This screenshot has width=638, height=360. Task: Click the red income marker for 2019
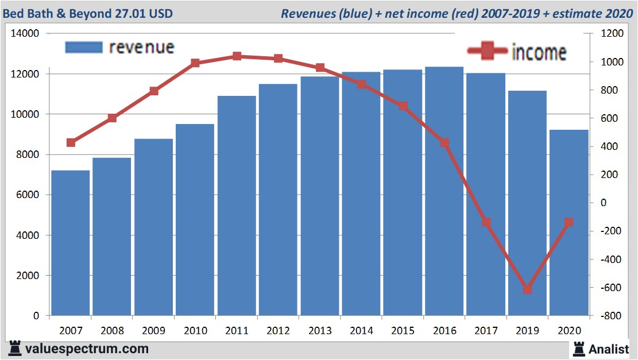(528, 289)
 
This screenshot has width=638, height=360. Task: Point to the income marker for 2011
(237, 56)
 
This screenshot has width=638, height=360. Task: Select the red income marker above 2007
(71, 142)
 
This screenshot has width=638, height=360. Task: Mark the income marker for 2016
(444, 142)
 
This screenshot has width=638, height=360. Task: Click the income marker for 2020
(569, 222)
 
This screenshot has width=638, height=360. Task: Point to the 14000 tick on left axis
(25, 34)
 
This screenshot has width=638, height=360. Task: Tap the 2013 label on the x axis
(320, 331)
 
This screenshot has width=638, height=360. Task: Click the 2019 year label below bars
(528, 331)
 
